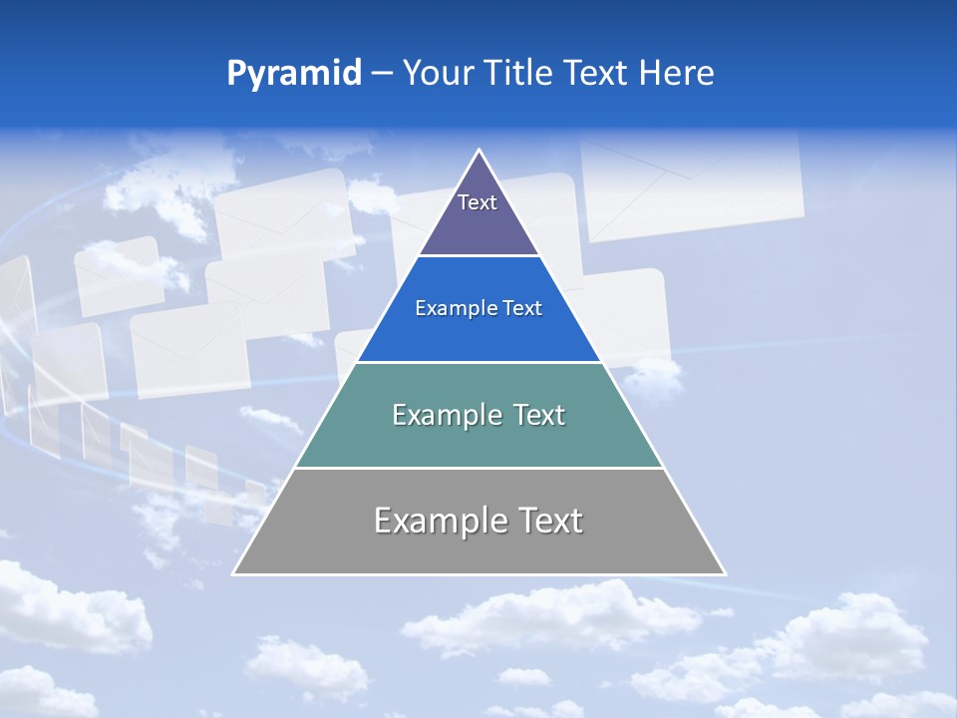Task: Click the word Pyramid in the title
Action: tap(294, 74)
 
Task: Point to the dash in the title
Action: tap(381, 74)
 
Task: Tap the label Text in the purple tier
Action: tap(478, 202)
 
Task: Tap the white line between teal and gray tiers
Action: tap(478, 468)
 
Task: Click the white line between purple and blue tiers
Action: tap(478, 255)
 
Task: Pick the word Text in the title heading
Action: tap(595, 73)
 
